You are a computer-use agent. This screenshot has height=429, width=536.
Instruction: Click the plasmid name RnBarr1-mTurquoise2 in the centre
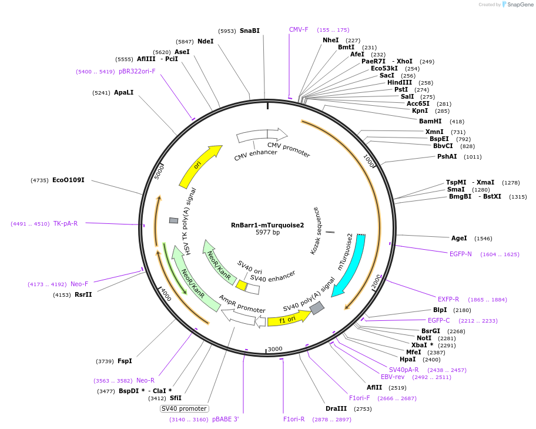click(x=267, y=225)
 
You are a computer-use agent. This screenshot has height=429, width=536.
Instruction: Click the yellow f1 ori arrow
click(x=288, y=319)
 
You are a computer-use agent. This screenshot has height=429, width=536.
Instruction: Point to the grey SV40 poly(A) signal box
click(x=317, y=308)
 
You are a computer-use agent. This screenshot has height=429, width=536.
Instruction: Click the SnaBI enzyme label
click(x=249, y=31)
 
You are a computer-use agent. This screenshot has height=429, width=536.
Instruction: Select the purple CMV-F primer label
click(x=299, y=29)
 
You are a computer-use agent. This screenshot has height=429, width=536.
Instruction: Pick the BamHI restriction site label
click(x=430, y=121)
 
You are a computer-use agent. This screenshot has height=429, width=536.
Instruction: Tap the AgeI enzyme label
click(x=459, y=238)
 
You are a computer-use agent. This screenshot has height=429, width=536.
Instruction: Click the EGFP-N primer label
click(x=461, y=254)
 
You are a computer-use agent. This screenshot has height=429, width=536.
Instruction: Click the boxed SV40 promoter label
click(x=184, y=408)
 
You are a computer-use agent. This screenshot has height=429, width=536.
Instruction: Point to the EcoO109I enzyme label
click(x=68, y=180)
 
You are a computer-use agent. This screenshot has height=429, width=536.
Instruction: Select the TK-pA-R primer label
click(x=65, y=223)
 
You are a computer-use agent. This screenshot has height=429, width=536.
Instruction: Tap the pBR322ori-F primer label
click(x=137, y=71)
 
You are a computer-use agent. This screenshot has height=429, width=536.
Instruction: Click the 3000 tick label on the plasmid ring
click(x=275, y=349)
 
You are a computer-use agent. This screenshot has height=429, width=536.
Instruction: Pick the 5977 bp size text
click(x=267, y=233)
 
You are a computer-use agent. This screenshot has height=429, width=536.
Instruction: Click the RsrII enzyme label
click(x=83, y=294)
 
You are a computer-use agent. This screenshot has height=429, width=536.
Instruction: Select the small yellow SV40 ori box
click(x=241, y=285)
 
